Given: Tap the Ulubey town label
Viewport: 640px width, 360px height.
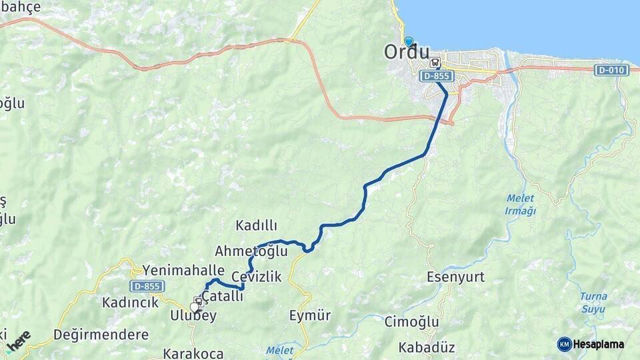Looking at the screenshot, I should pyautogui.click(x=193, y=316).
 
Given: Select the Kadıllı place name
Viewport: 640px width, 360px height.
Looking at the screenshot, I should pyautogui.click(x=256, y=225).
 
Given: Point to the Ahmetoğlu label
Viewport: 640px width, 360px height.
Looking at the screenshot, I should pyautogui.click(x=251, y=251).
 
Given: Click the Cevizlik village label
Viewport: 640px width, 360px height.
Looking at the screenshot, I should pyautogui.click(x=257, y=277).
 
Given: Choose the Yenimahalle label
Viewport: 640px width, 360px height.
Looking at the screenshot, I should pyautogui.click(x=183, y=270).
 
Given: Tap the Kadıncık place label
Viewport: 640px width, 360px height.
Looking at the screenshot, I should pyautogui.click(x=130, y=303).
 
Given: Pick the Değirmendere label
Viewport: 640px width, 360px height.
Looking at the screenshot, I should pyautogui.click(x=101, y=334).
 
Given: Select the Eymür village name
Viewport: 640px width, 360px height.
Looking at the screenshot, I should pyautogui.click(x=310, y=315).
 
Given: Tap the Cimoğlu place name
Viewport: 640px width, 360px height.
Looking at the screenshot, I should pyautogui.click(x=411, y=322).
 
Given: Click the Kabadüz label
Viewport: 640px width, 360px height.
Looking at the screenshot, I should pyautogui.click(x=426, y=347).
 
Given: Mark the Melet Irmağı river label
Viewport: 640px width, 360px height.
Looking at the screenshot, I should pyautogui.click(x=521, y=205).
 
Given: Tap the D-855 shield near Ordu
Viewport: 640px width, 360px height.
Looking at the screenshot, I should pyautogui.click(x=438, y=77).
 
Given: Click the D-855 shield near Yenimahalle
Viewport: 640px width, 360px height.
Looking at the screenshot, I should pyautogui.click(x=147, y=286).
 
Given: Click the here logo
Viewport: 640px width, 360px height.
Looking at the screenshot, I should pyautogui.click(x=19, y=339).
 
